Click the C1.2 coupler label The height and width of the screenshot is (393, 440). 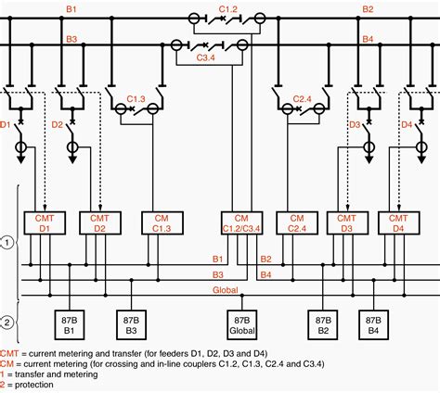[x=228, y=9]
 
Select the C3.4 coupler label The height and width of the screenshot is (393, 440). [x=205, y=57]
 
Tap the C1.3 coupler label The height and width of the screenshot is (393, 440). [x=136, y=99]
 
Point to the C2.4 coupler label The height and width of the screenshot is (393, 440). [x=302, y=99]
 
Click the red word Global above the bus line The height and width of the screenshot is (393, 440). [x=226, y=290]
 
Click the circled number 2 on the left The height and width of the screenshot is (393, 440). [x=7, y=323]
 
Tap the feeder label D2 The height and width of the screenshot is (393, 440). [x=57, y=125]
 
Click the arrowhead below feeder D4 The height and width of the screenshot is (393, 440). [x=421, y=159]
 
